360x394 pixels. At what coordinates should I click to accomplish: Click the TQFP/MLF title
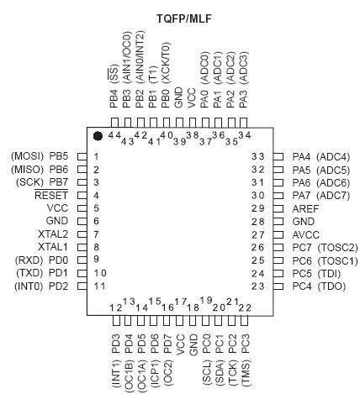click(184, 18)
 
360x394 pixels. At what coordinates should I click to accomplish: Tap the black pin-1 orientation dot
click(98, 136)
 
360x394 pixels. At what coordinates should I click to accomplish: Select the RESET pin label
click(51, 195)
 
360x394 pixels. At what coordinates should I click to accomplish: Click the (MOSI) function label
click(28, 156)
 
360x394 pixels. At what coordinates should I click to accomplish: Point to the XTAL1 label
click(53, 247)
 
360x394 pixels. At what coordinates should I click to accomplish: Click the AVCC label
click(306, 234)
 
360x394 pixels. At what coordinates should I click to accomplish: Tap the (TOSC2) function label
click(338, 248)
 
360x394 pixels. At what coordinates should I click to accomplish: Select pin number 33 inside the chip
click(258, 156)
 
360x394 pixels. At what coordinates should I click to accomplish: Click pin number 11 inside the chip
click(100, 286)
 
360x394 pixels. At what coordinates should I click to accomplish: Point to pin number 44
click(114, 135)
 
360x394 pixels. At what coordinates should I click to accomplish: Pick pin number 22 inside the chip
click(245, 307)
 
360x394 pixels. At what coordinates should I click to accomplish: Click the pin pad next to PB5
click(82, 156)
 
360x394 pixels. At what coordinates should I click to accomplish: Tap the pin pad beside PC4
click(278, 286)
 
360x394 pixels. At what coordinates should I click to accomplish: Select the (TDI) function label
click(329, 273)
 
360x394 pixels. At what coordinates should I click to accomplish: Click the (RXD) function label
click(29, 260)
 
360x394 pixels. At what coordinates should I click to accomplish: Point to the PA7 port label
click(301, 195)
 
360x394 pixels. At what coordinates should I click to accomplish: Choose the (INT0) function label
click(29, 286)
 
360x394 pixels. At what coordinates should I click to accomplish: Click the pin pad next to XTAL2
click(82, 234)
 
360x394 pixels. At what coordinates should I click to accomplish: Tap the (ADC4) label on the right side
click(333, 157)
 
